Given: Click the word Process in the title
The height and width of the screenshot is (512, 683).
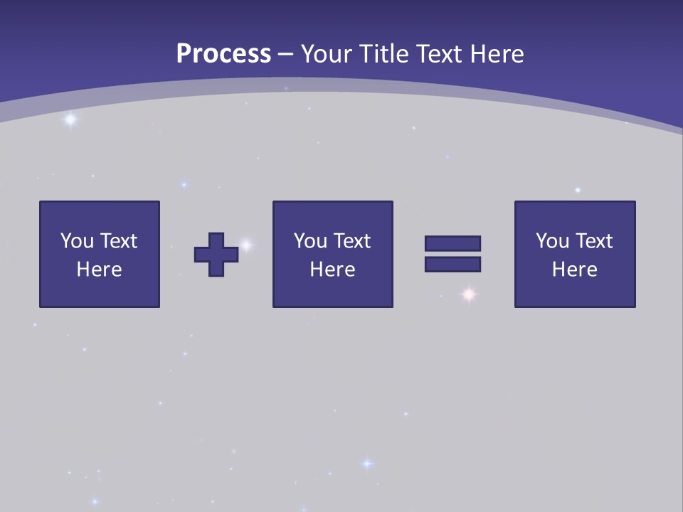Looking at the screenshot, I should pyautogui.click(x=223, y=54).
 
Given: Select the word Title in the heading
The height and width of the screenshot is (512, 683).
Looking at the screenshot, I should pyautogui.click(x=385, y=54).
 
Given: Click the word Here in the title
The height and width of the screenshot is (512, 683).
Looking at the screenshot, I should pyautogui.click(x=495, y=54).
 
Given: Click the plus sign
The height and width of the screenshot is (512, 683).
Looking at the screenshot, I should pyautogui.click(x=216, y=255).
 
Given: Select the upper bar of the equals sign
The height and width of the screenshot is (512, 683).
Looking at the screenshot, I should pyautogui.click(x=452, y=243).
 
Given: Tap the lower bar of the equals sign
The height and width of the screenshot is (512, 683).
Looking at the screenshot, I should pyautogui.click(x=452, y=265).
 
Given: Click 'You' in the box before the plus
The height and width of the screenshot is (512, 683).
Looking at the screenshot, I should pyautogui.click(x=77, y=241).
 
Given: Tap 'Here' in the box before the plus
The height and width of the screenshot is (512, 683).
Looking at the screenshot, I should pyautogui.click(x=100, y=270).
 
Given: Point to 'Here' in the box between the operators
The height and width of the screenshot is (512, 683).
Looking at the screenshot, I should pyautogui.click(x=332, y=270).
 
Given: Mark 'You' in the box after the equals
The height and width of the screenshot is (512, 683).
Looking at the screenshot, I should pyautogui.click(x=552, y=241).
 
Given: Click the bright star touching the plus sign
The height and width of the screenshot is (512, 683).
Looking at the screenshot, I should pyautogui.click(x=246, y=245).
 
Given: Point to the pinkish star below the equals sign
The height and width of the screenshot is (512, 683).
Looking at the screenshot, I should pyautogui.click(x=468, y=294).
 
